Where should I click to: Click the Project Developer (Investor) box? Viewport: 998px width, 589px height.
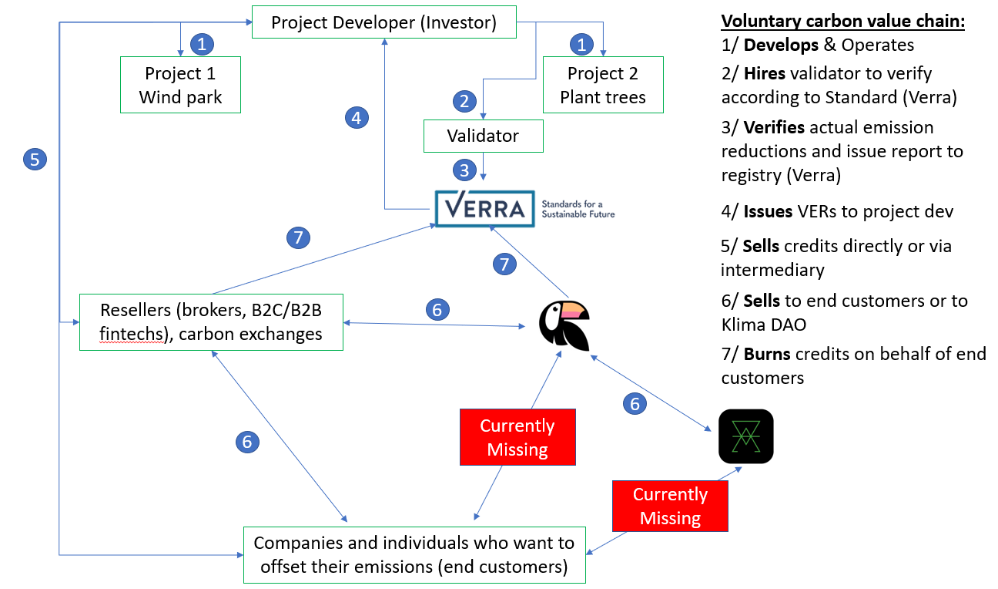click(x=383, y=23)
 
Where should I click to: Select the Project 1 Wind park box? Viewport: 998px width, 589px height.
click(x=180, y=86)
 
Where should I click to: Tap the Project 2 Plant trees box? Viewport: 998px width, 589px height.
click(x=602, y=86)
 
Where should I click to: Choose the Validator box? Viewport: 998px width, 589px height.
click(x=483, y=136)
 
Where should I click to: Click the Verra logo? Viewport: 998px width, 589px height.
click(x=484, y=208)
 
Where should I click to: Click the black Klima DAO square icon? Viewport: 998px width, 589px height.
click(x=745, y=436)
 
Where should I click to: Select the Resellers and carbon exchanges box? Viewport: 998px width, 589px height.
click(x=211, y=321)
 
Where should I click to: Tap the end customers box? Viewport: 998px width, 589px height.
click(x=414, y=554)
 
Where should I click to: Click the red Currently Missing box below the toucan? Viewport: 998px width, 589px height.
click(x=517, y=437)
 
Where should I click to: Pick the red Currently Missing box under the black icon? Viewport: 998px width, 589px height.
click(x=670, y=506)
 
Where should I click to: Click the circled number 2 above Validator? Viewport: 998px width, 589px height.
click(x=464, y=100)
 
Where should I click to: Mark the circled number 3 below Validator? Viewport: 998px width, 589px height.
click(x=464, y=169)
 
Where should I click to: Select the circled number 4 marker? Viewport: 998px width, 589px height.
click(x=355, y=117)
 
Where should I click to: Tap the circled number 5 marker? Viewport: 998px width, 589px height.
click(x=35, y=160)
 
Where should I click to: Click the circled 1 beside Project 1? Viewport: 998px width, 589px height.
click(x=202, y=44)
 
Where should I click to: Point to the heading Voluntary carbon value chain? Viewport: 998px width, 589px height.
click(x=842, y=21)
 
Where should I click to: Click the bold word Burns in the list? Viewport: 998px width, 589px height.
click(x=766, y=355)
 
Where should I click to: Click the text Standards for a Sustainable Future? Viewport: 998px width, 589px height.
click(x=578, y=208)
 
